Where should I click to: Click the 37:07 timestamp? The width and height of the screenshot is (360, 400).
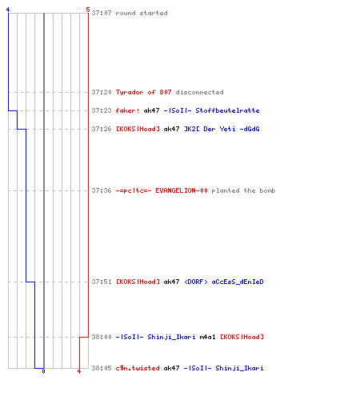pos(102,13)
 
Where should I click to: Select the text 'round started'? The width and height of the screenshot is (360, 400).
pos(142,13)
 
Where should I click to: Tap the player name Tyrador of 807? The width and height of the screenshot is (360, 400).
pos(143,92)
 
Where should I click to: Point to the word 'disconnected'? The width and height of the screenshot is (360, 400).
pos(199,92)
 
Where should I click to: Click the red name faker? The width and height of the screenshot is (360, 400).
pos(127,110)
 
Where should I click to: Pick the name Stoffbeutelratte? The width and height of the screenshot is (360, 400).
pos(227,110)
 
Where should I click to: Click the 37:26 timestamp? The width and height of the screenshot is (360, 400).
pos(102,129)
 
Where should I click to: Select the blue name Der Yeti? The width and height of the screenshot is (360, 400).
pos(219,129)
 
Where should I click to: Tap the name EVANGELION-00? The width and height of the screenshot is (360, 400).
pos(182,190)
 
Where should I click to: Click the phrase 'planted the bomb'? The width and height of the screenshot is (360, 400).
pos(243,190)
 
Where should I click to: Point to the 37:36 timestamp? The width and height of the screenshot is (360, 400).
pos(102,190)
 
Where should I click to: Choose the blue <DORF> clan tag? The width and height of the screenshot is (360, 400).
pos(196,282)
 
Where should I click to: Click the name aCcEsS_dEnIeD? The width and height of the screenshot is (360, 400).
pos(238,282)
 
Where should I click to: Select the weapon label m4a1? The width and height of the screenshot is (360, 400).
pos(207,337)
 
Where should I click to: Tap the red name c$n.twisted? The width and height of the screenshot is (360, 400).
pos(138,368)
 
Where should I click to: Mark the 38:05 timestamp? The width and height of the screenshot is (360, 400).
pos(102,368)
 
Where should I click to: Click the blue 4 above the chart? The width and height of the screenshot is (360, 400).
pos(8,10)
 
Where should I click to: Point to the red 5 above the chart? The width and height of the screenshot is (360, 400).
pos(88,10)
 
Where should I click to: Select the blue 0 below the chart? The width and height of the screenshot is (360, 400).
pos(43,371)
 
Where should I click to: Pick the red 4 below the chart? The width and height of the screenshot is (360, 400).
pos(79,371)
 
